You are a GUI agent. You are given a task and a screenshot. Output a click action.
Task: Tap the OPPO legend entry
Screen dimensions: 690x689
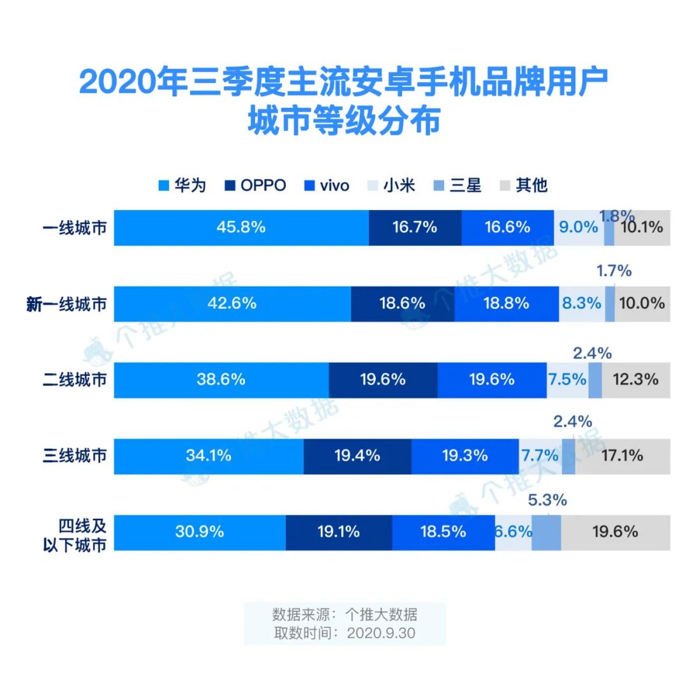[x=255, y=186]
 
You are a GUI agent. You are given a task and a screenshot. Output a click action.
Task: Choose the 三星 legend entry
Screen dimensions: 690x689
[x=458, y=186]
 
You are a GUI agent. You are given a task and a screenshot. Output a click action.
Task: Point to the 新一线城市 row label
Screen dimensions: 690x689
[x=66, y=304]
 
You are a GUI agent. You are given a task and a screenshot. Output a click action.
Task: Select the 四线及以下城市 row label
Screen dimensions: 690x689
[x=82, y=533]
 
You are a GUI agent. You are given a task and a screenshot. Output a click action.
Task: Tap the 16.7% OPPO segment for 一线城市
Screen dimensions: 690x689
[x=415, y=227]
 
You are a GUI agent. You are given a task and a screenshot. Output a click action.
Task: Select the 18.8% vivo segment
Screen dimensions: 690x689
[x=507, y=303]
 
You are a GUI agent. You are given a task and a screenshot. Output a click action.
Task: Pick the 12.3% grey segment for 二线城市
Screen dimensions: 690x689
[x=635, y=380]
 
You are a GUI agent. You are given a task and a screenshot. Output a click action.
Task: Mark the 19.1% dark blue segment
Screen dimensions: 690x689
[x=338, y=532]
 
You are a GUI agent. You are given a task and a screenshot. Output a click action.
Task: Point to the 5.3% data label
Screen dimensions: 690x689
[x=547, y=500]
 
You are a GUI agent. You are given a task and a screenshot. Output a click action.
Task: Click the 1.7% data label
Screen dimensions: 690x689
[x=614, y=271]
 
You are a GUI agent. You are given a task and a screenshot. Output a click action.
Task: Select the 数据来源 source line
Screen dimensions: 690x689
[x=344, y=615]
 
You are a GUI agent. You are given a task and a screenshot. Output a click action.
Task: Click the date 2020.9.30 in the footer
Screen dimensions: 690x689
[x=382, y=633]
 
